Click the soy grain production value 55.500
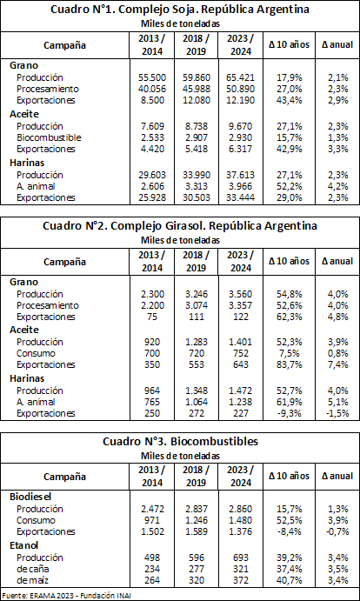pos(152,77)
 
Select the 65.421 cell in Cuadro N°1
pos(240,77)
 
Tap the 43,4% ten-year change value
pos(290,100)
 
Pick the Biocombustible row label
pos(49,137)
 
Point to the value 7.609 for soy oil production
pos(155,126)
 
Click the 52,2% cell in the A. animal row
pos(290,186)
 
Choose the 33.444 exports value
pos(240,197)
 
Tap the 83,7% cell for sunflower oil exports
pos(290,364)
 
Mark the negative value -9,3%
pos(290,414)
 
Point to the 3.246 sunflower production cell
pos(197,294)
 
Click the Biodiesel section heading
pos(30,497)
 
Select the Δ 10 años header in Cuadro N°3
pos(290,476)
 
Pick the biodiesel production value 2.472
pos(152,509)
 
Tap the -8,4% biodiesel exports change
pos(290,531)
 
